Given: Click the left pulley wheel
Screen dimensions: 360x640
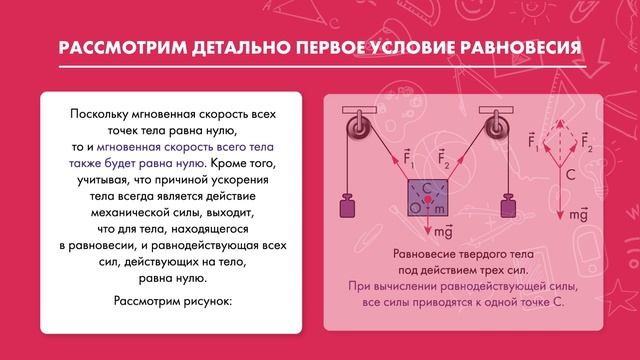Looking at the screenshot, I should [355, 127].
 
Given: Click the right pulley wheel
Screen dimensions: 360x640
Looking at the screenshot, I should [495, 127].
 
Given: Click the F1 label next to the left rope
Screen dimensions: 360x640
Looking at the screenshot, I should [407, 156].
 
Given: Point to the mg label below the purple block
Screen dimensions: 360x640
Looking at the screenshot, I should [431, 232].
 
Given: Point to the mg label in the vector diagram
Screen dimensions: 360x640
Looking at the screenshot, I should [577, 214].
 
